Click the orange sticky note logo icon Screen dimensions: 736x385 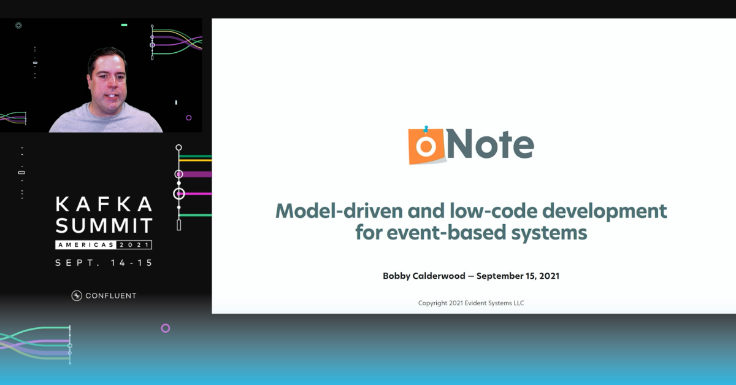(427, 146)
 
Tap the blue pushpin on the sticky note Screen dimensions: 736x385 (426, 129)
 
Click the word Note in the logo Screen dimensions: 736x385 (490, 144)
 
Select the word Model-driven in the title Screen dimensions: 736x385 (339, 211)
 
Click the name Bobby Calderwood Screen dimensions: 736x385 (424, 276)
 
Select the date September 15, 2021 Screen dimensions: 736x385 (518, 276)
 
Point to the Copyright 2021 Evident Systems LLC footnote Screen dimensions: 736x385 (471, 303)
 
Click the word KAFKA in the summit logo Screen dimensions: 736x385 (104, 204)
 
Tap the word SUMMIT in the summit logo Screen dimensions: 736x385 (104, 225)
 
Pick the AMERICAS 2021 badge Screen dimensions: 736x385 (104, 245)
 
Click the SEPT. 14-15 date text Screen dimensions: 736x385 (104, 263)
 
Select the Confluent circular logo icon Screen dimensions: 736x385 (77, 295)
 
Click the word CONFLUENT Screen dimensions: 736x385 (111, 296)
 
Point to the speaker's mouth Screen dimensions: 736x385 (112, 96)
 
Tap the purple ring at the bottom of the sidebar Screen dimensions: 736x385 (165, 328)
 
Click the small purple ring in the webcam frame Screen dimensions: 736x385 (189, 118)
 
